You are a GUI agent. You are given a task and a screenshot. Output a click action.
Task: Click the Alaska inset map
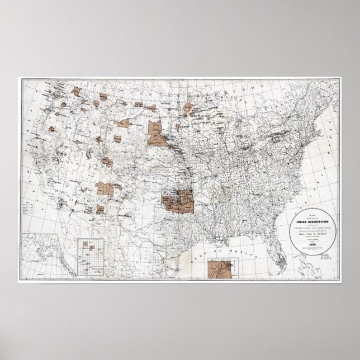click(39, 257)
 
